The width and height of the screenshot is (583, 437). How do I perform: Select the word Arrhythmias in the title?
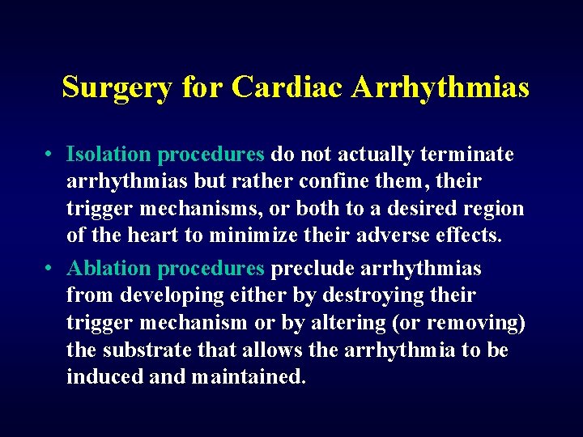[440, 87]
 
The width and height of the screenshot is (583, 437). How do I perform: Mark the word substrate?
[143, 350]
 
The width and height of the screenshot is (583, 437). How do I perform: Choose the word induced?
[101, 378]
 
